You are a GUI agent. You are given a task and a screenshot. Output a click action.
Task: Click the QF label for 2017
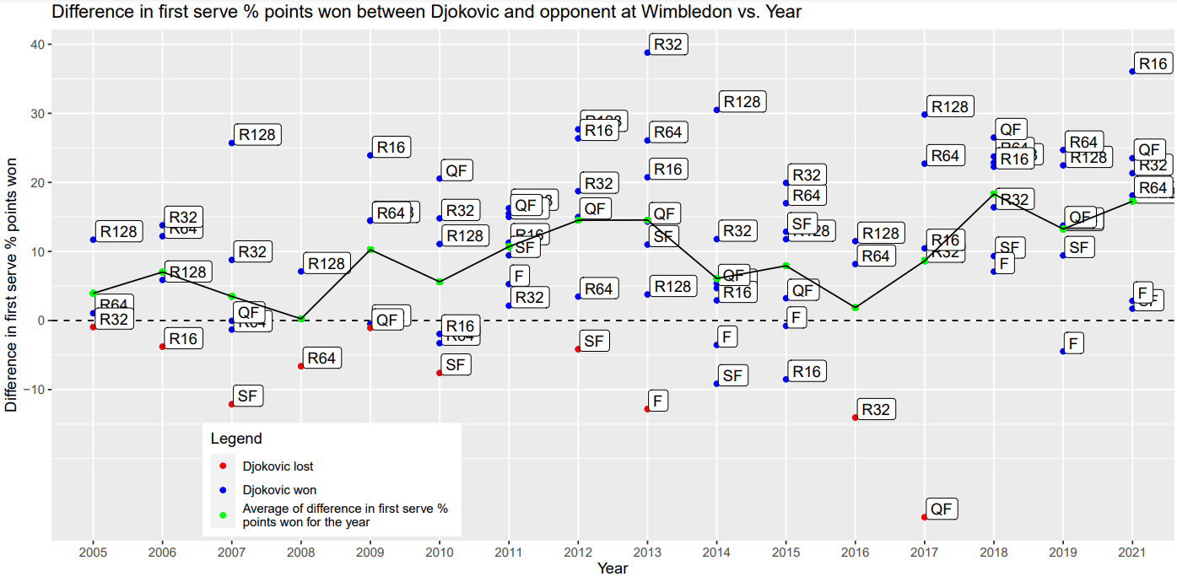tap(942, 509)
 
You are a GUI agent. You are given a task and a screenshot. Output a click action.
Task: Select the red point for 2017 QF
tap(925, 517)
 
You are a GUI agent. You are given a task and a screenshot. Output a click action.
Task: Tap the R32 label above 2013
tap(667, 45)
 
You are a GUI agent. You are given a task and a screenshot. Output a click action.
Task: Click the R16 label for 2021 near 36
tap(1153, 63)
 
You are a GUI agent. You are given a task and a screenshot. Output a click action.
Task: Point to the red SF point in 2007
tap(232, 405)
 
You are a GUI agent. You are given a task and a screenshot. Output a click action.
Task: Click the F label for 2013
tap(658, 401)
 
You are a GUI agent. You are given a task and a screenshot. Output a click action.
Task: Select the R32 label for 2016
tap(876, 410)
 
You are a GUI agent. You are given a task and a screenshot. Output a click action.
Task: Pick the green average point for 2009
tap(370, 250)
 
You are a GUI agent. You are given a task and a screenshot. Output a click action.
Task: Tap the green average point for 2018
tap(994, 194)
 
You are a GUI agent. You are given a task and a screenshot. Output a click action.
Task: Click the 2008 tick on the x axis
tap(301, 552)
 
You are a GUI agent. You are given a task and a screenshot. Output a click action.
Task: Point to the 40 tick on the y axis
tap(38, 45)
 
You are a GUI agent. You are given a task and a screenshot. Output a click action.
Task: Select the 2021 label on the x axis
tap(1131, 552)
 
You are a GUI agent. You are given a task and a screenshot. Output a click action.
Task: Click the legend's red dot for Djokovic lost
tap(223, 466)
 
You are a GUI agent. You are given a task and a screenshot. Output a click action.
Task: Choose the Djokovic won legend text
tap(279, 489)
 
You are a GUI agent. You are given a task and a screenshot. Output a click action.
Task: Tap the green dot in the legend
tap(223, 515)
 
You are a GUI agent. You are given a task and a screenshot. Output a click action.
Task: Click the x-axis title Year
tap(612, 569)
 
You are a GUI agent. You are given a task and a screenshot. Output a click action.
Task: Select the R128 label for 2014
tap(742, 102)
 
